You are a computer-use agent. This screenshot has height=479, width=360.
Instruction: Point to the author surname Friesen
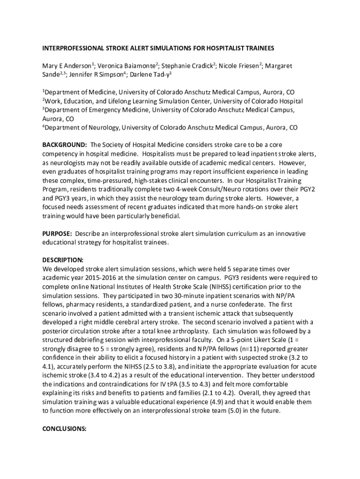click(x=244, y=66)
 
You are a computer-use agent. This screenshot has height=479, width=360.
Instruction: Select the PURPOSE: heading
click(x=57, y=233)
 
